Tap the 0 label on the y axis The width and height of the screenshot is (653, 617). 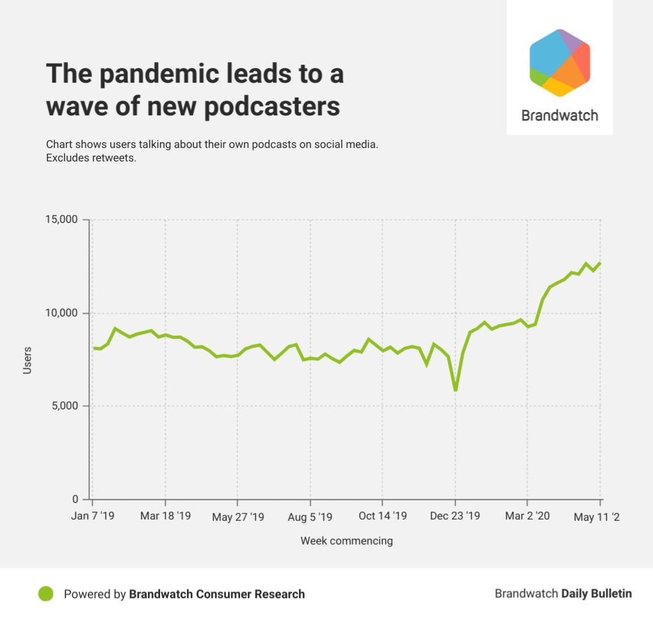tap(74, 500)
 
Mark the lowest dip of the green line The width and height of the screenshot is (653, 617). tap(455, 390)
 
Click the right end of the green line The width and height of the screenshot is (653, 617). tap(600, 263)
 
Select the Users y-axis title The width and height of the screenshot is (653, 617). tap(28, 360)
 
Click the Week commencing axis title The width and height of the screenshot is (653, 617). tap(346, 541)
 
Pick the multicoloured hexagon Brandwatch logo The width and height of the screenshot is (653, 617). tap(560, 62)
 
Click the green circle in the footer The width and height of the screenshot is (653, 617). tap(45, 594)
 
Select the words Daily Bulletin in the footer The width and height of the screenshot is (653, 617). tap(596, 594)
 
